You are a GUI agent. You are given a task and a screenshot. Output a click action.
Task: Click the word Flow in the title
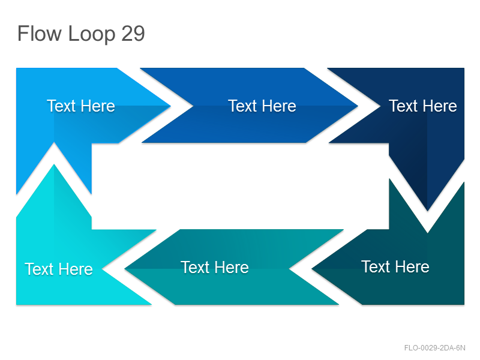pyautogui.click(x=39, y=34)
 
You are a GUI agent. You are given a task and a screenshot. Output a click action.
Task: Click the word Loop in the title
pyautogui.click(x=91, y=35)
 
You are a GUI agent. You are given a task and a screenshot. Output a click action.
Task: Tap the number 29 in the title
pyautogui.click(x=133, y=34)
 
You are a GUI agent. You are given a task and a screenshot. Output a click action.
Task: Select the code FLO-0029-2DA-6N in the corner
pyautogui.click(x=434, y=348)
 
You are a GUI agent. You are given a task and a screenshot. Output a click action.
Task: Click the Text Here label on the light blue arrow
pyautogui.click(x=81, y=106)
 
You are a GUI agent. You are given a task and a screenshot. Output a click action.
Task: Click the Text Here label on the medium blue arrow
pyautogui.click(x=262, y=106)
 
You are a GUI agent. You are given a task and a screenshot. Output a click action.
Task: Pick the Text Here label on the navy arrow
pyautogui.click(x=423, y=106)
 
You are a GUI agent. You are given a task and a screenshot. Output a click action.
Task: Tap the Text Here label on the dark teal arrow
pyautogui.click(x=395, y=266)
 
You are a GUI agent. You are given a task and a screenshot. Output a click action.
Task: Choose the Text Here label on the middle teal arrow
pyautogui.click(x=215, y=267)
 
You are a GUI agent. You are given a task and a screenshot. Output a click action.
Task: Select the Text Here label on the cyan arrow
pyautogui.click(x=58, y=269)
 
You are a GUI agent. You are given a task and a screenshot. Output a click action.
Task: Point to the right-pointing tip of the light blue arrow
pyautogui.click(x=170, y=106)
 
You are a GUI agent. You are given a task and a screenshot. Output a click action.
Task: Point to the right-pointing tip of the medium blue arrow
pyautogui.click(x=358, y=106)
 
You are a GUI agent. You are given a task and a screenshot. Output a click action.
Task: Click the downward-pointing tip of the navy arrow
pyautogui.click(x=427, y=211)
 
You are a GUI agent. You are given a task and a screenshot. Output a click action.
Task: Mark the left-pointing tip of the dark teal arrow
pyautogui.click(x=311, y=269)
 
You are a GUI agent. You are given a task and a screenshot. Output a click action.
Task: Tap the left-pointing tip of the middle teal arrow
pyautogui.click(x=124, y=269)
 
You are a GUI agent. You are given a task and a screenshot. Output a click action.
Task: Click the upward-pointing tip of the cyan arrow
pyautogui.click(x=54, y=164)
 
